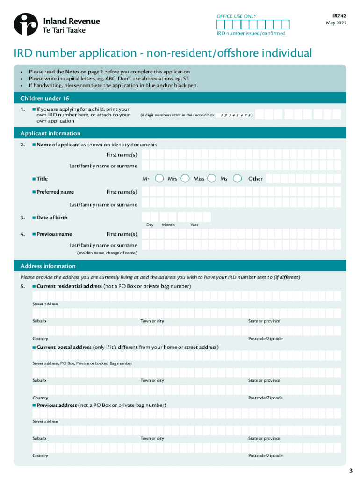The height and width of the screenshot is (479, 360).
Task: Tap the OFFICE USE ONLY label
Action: (237, 16)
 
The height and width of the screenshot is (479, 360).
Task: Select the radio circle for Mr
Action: (159, 178)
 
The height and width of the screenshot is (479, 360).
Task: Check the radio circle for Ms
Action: (238, 178)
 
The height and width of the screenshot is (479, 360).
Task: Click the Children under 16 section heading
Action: (44, 98)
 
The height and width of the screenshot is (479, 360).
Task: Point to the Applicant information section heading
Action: (50, 133)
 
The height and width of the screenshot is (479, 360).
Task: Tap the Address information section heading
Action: (48, 266)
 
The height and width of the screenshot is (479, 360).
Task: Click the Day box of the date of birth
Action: (150, 217)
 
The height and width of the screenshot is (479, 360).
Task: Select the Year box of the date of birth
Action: (194, 217)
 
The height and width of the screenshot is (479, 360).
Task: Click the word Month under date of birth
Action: (168, 225)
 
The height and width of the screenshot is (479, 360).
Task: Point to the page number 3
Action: (351, 470)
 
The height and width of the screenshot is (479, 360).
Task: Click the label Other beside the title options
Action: (255, 179)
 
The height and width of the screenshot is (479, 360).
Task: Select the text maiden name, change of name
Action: (107, 253)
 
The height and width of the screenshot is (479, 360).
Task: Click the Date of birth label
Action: (52, 218)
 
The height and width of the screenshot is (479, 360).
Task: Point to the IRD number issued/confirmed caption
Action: (251, 34)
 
